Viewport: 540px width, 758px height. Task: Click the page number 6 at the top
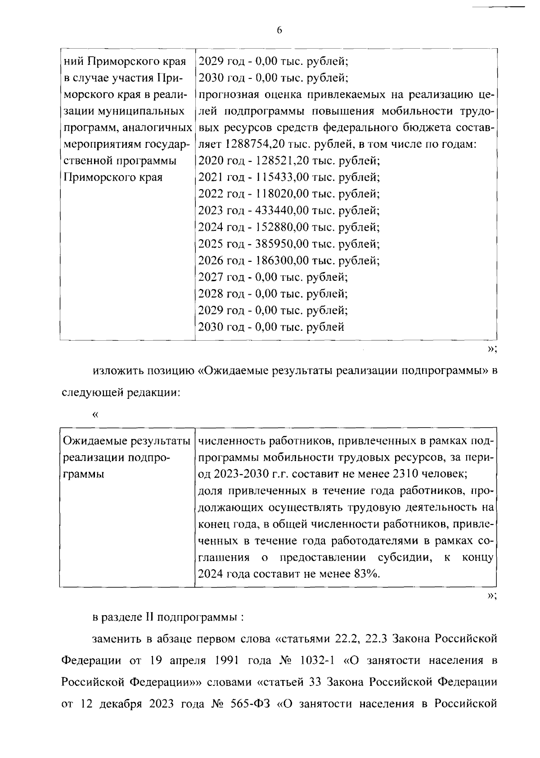(x=279, y=30)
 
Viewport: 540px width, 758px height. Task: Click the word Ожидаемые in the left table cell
(x=93, y=441)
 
